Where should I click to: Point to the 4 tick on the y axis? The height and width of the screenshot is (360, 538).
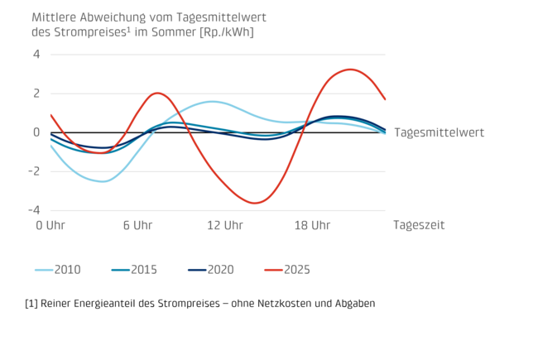[36, 55]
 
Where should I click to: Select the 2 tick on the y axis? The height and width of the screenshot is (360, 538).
[36, 94]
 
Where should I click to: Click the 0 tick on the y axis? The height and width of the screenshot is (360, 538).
[36, 132]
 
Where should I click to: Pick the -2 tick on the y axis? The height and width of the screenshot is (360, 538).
[34, 171]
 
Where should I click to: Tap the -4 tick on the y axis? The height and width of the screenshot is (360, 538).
[34, 209]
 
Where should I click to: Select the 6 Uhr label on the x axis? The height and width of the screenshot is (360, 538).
[135, 225]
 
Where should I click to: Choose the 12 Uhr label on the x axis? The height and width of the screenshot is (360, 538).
[224, 225]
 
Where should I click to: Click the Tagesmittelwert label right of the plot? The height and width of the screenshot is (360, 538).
[439, 132]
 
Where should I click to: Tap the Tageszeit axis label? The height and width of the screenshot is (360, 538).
[419, 225]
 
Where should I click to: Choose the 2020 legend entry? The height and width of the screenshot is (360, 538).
[219, 270]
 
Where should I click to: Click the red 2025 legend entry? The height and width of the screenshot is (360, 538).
[295, 270]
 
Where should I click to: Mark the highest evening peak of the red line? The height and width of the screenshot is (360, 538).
[351, 69]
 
